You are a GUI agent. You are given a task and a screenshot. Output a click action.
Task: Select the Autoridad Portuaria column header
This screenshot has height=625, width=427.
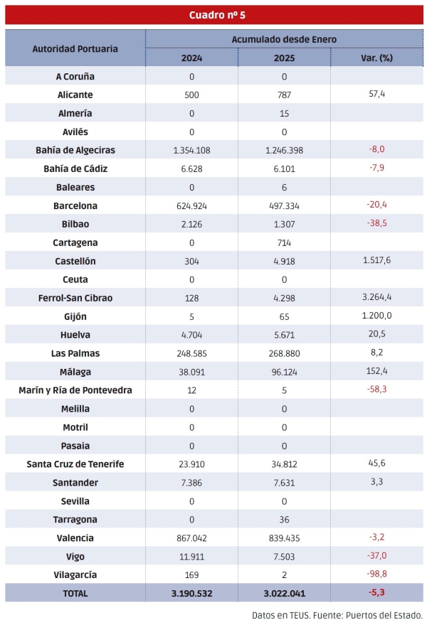75,48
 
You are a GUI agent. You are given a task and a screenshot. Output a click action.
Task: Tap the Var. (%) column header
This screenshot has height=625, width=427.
376,58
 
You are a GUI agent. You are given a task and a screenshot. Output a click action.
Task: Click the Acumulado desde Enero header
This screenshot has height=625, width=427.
284,39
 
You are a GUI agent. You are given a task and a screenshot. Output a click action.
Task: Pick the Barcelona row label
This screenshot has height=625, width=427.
75,205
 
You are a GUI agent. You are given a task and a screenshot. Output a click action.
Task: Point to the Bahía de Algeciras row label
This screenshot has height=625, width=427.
75,150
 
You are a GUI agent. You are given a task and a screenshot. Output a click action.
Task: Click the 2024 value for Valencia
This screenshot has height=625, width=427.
191,538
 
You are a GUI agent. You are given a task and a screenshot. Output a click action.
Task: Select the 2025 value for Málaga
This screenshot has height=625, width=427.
284,372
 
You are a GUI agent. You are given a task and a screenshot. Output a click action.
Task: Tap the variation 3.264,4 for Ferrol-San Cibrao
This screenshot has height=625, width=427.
376,298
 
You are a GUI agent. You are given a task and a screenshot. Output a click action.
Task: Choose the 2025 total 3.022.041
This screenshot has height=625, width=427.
284,593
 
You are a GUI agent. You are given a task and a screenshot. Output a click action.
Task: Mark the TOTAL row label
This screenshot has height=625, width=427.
75,593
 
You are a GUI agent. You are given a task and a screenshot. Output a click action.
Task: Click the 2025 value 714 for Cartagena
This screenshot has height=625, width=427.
284,242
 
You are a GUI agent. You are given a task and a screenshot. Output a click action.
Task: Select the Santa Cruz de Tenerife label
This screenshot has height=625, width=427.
75,464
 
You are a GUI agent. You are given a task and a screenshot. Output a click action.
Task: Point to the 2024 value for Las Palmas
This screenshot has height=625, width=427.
191,353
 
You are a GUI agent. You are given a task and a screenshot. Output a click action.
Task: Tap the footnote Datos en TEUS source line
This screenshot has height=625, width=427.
337,615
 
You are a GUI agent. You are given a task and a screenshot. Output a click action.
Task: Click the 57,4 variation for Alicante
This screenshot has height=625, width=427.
376,95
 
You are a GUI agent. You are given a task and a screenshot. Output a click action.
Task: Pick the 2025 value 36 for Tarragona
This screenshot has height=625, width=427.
284,520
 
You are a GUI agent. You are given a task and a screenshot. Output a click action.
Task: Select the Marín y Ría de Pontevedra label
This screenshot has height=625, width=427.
75,390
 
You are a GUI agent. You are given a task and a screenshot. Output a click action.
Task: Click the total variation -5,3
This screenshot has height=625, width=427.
376,593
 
